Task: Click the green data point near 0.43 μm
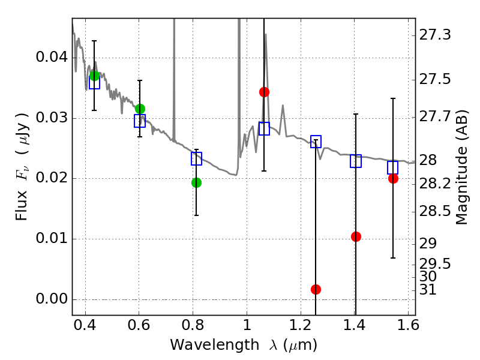pos(94,76)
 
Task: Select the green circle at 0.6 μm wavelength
pos(140,109)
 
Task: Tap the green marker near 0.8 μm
pos(196,182)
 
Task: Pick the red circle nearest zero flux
pos(316,289)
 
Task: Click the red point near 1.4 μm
pos(356,236)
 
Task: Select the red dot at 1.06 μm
pos(264,92)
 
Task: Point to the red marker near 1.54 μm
pos(393,178)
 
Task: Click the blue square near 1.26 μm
pos(316,142)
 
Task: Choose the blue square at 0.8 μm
pos(196,158)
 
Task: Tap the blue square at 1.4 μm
pos(356,161)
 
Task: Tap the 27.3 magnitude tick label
pos(436,35)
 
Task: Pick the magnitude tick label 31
pos(430,290)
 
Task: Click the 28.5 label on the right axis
pos(436,211)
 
